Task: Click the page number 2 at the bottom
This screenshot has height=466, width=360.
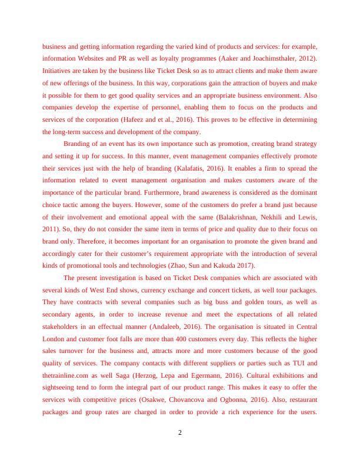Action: [180, 434]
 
